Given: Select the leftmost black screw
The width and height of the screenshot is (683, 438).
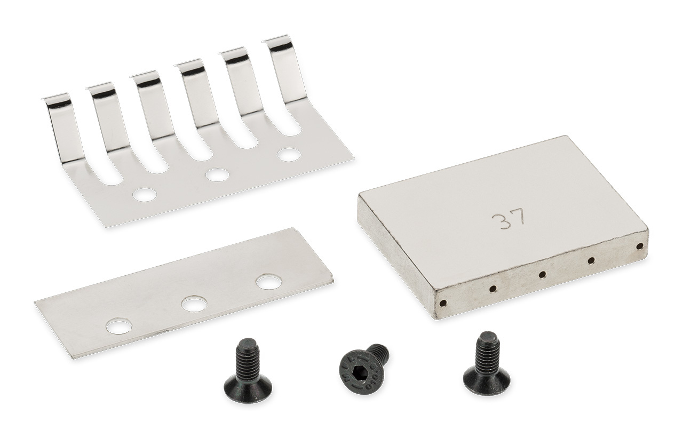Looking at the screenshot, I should point(247,370).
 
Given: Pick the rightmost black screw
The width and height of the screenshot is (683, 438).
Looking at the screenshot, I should point(486,364).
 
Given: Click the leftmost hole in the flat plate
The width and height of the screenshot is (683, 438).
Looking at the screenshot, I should point(118,325).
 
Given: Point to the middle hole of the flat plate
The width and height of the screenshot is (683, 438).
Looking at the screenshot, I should point(194,304).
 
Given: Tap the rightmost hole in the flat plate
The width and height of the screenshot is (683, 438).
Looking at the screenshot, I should point(269,282).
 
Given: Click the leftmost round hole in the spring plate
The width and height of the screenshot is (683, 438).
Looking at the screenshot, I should point(144,194).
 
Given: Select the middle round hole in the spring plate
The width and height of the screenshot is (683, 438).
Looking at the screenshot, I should point(217,174).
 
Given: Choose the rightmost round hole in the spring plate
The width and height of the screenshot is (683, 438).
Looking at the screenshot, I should point(289,155).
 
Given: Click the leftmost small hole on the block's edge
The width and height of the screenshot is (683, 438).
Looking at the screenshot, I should point(443,303).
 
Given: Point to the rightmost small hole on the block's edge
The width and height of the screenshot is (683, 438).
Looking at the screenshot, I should point(639,246).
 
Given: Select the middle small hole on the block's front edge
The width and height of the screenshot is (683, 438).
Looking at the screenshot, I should point(542,274).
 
